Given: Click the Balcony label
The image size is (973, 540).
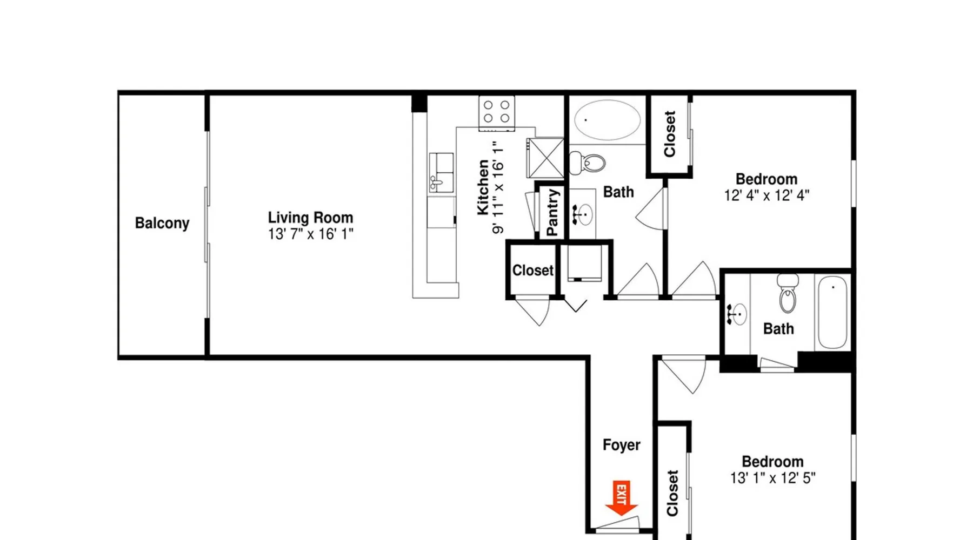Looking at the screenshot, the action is (162, 223).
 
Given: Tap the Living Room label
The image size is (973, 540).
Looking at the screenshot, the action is (310, 218).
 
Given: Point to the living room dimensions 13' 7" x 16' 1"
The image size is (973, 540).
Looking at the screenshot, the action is (310, 234).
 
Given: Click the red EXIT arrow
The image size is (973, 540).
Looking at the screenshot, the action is (622, 498).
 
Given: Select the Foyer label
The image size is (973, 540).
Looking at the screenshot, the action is (622, 445).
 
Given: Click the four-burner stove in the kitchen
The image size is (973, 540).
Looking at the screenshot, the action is (497, 112).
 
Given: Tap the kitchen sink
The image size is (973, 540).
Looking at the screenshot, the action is (441, 172).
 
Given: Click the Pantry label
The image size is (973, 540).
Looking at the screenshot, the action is (552, 212).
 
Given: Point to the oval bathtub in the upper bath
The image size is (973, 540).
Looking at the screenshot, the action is (607, 120).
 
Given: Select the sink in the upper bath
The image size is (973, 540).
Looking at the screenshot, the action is (582, 214).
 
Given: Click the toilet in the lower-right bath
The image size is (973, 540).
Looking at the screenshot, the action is (788, 294).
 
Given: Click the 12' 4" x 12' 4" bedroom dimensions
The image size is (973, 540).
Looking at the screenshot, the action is (767, 195).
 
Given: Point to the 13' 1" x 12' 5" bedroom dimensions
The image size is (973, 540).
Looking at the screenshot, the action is (772, 478).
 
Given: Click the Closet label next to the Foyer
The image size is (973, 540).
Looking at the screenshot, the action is (672, 493).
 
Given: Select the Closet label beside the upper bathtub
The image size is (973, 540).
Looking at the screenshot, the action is (669, 134).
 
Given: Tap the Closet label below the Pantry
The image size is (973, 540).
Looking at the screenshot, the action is (533, 270).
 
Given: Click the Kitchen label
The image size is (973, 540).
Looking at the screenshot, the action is (483, 187).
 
